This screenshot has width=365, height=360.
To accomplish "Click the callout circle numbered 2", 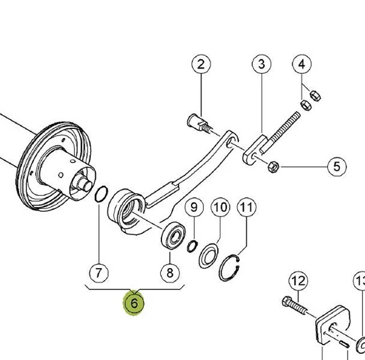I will pos(201,65).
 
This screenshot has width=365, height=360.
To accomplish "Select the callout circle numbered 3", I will pos(261,65).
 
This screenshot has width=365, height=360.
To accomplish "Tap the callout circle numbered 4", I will pos(303,64).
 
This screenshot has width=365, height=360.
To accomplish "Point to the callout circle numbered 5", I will pos(336,166).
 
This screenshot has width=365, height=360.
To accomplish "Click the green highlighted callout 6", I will pos(134,304).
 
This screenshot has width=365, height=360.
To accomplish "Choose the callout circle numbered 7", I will pos(99,273).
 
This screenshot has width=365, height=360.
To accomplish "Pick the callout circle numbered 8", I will pos(170,273).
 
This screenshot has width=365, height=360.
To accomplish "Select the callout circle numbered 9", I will pos(193,208).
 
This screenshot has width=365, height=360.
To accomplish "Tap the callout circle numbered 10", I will pos(220,208).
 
